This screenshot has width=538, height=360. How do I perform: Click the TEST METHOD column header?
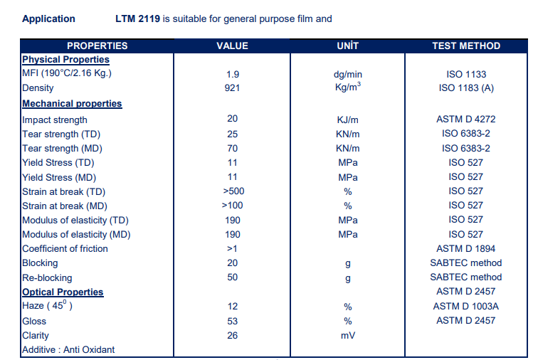tap(466, 46)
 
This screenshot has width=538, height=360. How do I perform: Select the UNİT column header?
tap(347, 46)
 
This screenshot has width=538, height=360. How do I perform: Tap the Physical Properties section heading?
tap(66, 60)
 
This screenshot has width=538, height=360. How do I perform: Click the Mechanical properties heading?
tap(72, 104)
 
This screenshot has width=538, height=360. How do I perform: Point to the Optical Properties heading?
tap(63, 292)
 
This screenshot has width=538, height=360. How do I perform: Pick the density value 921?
tap(232, 88)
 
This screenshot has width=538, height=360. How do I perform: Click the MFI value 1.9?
tap(233, 74)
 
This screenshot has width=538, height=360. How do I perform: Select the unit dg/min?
tap(348, 75)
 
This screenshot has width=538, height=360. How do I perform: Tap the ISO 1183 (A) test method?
tap(466, 88)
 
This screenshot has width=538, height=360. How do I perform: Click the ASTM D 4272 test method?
tap(466, 119)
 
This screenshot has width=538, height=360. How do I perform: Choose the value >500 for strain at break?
tap(233, 191)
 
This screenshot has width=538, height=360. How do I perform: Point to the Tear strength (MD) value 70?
tap(232, 148)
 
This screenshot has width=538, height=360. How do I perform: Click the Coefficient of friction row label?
tap(65, 248)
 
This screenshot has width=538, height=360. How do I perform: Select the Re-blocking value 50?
tap(232, 277)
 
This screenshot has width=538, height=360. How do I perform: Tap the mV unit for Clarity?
tap(348, 336)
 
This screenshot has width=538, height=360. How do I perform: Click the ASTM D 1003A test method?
tap(466, 306)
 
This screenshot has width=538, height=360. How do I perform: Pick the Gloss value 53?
tap(232, 321)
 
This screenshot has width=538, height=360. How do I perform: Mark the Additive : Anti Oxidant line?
tap(68, 350)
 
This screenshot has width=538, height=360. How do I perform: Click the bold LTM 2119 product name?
tap(137, 18)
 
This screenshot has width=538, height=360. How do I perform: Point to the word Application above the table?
tap(48, 19)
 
